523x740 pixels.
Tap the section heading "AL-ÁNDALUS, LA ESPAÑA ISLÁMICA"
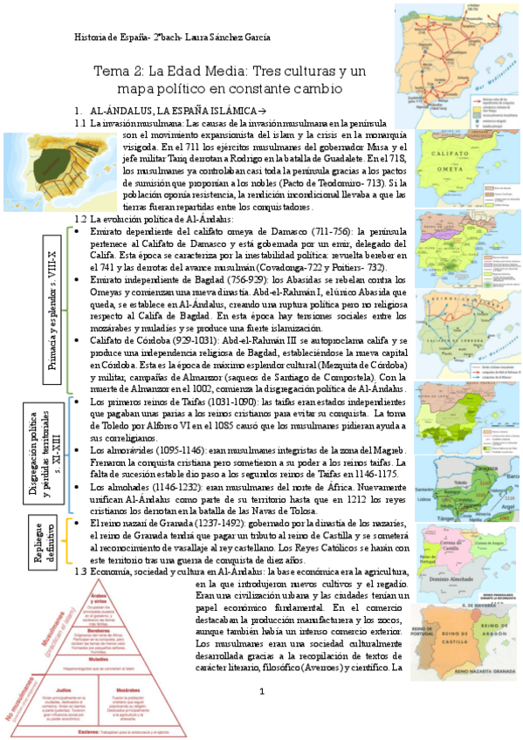pyautogui.click(x=173, y=112)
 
